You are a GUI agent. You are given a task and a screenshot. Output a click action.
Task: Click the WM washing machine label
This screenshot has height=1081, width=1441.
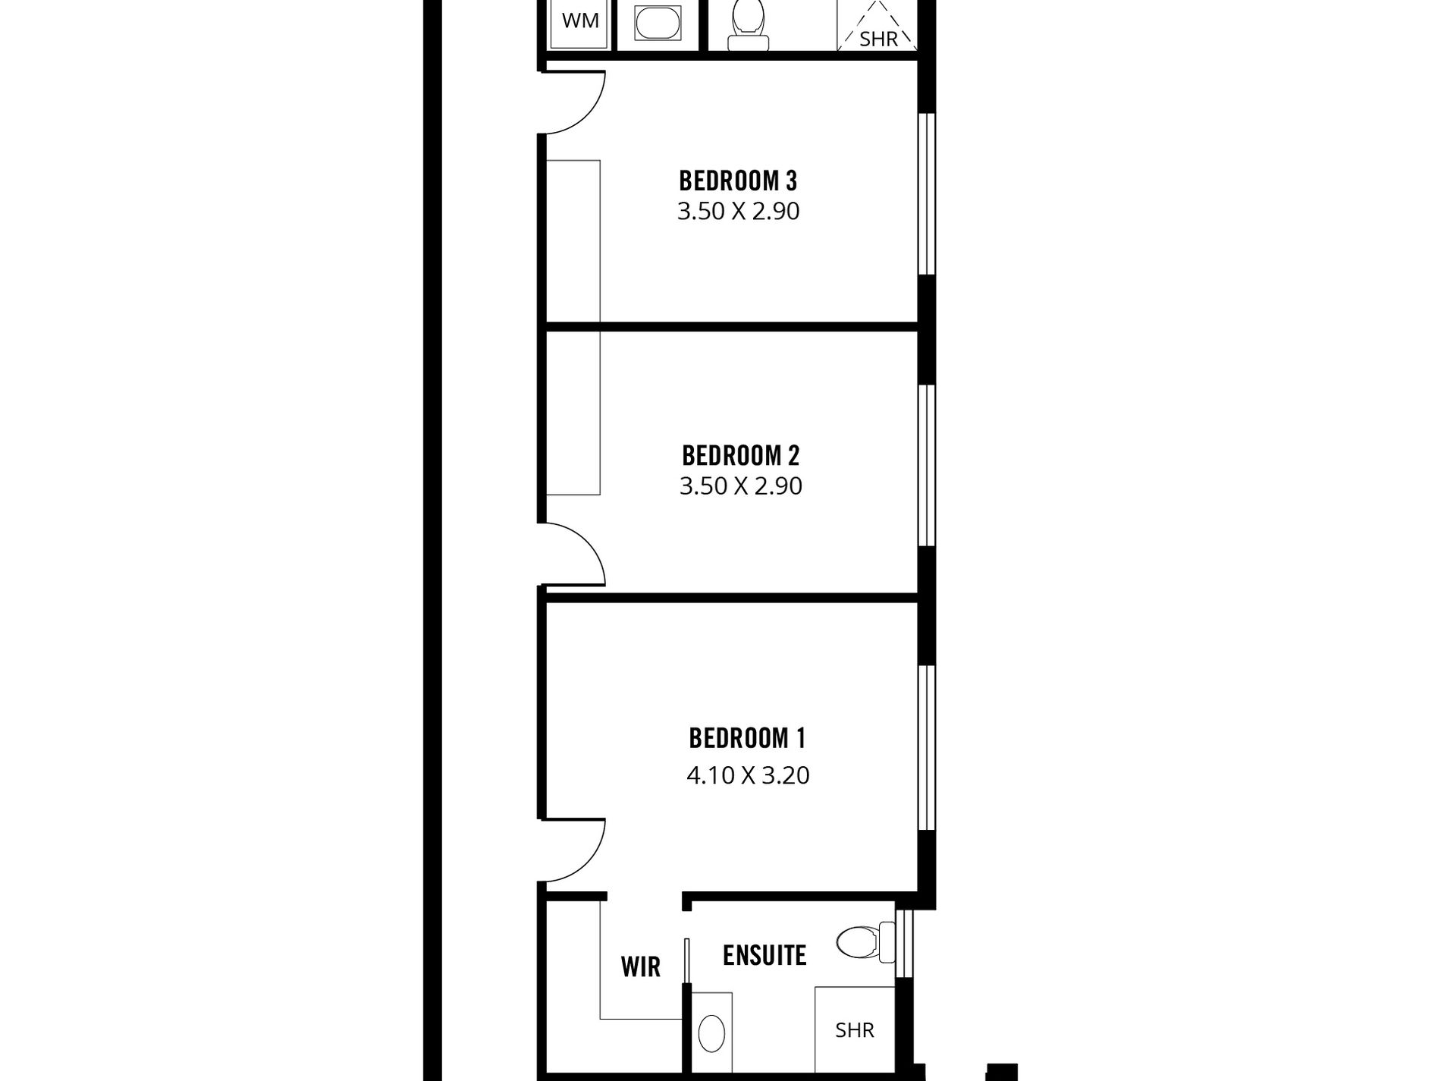click(x=580, y=20)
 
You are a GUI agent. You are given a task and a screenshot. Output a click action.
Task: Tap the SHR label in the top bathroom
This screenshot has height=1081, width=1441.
click(x=878, y=38)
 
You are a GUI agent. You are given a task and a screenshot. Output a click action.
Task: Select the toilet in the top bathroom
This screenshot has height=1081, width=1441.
click(x=748, y=26)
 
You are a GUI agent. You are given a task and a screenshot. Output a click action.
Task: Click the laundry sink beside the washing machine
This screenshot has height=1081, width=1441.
click(x=659, y=24)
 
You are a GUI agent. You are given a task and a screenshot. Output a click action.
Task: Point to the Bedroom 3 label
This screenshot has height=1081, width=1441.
click(x=738, y=181)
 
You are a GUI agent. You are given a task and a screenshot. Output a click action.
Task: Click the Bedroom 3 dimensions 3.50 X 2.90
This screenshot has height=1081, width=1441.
click(x=738, y=211)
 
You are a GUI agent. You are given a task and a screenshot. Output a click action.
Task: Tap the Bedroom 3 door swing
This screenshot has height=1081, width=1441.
click(x=574, y=102)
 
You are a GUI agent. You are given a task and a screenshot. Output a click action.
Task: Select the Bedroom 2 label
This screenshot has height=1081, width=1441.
click(x=740, y=456)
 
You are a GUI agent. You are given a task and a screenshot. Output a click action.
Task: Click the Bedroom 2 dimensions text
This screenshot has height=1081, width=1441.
click(x=740, y=486)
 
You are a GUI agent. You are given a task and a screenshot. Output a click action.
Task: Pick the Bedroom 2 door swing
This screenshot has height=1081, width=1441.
click(x=574, y=555)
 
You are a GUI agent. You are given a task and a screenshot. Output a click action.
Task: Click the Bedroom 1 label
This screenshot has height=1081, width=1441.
click(x=747, y=738)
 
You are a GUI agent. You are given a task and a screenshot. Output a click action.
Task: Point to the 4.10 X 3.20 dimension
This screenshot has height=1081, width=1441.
click(x=748, y=775)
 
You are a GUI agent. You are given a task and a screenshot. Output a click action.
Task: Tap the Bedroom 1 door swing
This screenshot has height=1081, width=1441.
click(x=574, y=851)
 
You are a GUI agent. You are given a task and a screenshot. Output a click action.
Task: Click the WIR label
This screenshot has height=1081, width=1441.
click(x=640, y=967)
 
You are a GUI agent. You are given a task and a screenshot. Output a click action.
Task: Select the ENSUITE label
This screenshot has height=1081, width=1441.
click(x=764, y=956)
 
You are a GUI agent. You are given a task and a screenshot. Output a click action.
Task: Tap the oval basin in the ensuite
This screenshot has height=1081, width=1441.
click(x=711, y=1033)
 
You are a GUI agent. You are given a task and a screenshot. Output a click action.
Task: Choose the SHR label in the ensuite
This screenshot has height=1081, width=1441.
click(x=855, y=1030)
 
